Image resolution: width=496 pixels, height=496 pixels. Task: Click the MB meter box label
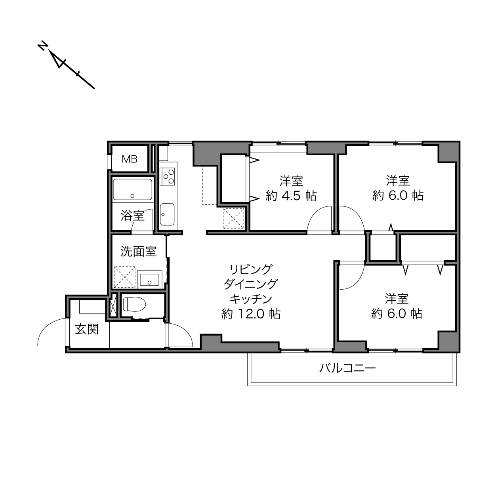[130, 159]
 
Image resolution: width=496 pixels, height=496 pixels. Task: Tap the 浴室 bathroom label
[132, 216]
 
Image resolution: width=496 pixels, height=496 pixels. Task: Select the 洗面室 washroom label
[139, 251]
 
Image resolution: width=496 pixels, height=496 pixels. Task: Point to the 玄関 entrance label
[87, 329]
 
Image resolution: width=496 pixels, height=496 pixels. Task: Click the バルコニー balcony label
[347, 368]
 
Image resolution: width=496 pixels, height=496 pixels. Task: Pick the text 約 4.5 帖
[291, 196]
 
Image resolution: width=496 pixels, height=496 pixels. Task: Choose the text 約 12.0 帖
[251, 314]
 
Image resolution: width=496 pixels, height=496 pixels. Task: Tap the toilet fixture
[134, 304]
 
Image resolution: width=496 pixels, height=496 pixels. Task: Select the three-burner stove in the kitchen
[167, 176]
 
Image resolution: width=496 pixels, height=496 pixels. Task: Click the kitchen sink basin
[167, 214]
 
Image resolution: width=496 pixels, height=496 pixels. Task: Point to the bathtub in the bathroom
[132, 189]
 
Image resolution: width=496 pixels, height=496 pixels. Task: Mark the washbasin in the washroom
[149, 279]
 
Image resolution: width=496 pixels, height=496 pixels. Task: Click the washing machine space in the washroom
[124, 277]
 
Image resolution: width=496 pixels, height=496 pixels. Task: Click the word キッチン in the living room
[251, 299]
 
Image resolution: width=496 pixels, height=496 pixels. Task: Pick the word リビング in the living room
[251, 269]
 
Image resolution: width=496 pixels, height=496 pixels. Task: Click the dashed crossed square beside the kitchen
[234, 219]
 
